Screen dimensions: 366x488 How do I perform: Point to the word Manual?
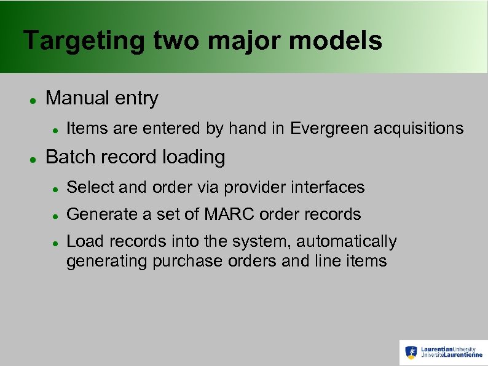(76, 98)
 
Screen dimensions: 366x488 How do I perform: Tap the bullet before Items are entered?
(55, 130)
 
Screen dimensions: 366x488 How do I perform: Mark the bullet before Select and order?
(55, 189)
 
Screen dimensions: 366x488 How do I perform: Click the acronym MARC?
(226, 214)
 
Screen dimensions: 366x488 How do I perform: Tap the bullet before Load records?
(55, 243)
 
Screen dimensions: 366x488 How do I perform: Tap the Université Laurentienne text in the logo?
(452, 356)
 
